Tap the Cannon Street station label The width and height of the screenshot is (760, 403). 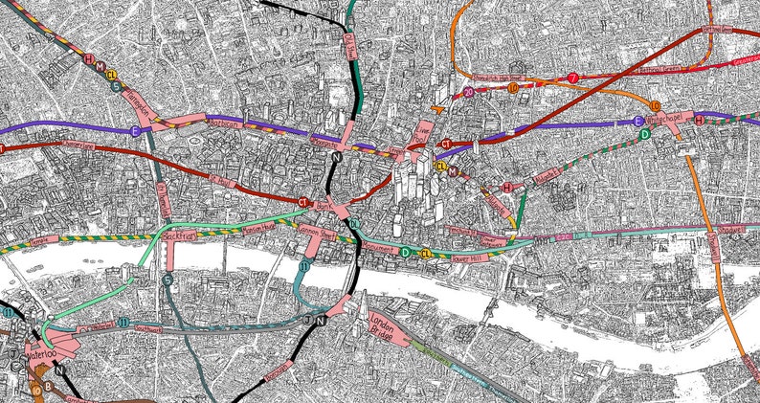317,231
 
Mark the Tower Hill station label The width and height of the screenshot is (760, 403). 471,257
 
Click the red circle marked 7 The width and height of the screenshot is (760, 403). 572,78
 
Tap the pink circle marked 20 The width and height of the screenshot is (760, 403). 468,93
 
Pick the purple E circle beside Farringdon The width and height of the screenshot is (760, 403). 135,129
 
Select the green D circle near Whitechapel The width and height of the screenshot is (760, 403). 645,133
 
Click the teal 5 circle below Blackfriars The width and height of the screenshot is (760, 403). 168,280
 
